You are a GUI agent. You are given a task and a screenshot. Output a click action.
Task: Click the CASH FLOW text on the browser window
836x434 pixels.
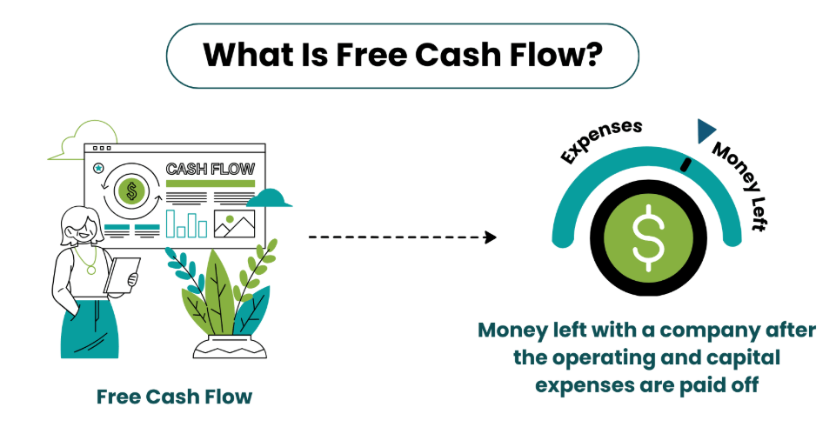(x=210, y=169)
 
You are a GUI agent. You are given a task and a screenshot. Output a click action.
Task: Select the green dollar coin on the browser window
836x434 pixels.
(x=131, y=190)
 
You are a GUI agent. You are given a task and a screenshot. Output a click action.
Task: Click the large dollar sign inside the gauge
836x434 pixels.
(x=648, y=237)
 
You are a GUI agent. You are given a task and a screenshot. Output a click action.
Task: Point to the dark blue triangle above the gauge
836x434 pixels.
(x=706, y=130)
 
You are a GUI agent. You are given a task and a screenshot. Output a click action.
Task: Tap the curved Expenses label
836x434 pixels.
(x=600, y=140)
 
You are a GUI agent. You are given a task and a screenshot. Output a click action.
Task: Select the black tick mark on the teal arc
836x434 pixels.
(x=686, y=164)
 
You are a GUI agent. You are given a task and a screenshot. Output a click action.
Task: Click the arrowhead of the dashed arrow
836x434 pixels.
(x=491, y=237)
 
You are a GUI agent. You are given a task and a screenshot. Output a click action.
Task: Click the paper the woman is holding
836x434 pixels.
(x=122, y=276)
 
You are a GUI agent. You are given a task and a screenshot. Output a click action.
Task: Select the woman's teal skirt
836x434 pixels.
(x=89, y=329)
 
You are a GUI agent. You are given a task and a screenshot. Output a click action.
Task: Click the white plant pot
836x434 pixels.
(x=230, y=347)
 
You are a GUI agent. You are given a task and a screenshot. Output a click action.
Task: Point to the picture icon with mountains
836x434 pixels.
(x=234, y=224)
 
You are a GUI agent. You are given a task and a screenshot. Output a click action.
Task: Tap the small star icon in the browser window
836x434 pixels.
(x=98, y=169)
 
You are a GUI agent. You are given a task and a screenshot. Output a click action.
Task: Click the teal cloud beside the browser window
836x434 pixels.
(x=269, y=197)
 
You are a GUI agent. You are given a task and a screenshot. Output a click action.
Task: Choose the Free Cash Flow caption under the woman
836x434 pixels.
(x=174, y=397)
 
